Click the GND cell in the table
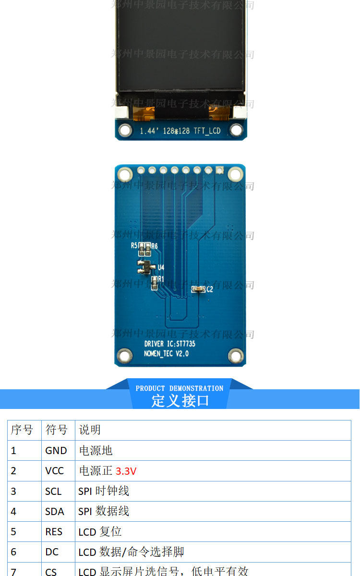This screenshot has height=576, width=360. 56,451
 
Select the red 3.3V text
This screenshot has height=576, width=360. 126,471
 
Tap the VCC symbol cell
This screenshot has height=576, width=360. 55,471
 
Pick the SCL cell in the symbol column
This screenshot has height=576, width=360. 53,492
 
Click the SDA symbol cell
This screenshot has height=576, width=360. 55,512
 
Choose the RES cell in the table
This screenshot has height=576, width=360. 54,532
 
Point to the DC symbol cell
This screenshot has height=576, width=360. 52,552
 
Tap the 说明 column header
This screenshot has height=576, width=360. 90,430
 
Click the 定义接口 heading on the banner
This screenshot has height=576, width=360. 180,400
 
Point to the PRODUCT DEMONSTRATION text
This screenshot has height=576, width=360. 180,388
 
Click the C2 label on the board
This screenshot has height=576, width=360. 210,290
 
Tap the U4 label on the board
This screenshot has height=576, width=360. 161,267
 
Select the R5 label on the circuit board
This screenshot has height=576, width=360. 134,245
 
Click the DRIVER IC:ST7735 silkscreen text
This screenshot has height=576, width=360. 169,344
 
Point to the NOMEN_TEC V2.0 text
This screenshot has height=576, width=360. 166,354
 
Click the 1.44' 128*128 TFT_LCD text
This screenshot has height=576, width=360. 180,131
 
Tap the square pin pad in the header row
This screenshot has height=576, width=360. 220,170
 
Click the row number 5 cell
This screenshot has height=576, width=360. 13,532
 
